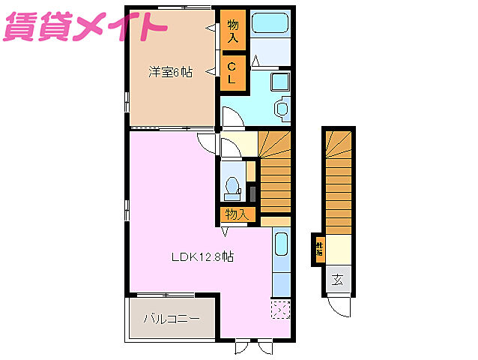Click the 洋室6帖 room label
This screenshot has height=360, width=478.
[x=170, y=72]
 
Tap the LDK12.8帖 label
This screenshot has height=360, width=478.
[x=202, y=257]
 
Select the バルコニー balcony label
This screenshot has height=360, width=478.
[x=172, y=319]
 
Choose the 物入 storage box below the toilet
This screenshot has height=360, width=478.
[x=236, y=214]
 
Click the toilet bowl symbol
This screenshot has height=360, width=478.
[x=232, y=184]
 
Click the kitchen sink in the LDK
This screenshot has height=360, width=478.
[x=281, y=246]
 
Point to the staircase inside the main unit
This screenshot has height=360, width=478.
[x=274, y=172]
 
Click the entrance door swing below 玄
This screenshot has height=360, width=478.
[x=339, y=306]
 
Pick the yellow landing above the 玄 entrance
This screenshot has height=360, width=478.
[x=339, y=247]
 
